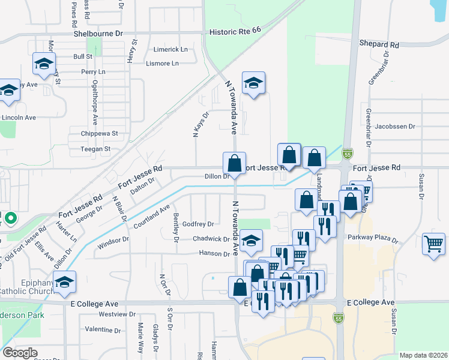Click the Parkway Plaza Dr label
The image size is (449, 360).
pyautogui.click(x=373, y=237)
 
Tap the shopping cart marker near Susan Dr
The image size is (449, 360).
pyautogui.click(x=433, y=244)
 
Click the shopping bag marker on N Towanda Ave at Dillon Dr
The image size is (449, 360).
pyautogui.click(x=234, y=163)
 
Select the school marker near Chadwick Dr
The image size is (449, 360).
pyautogui.click(x=252, y=241)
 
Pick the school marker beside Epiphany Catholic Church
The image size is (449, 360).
pyautogui.click(x=64, y=283)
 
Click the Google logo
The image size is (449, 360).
pyautogui.click(x=20, y=353)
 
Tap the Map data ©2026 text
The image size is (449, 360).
pyautogui.click(x=423, y=355)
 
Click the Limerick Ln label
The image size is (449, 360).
pyautogui.click(x=170, y=49)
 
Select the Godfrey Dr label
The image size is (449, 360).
pyautogui.click(x=198, y=224)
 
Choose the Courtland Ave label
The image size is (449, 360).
pyautogui.click(x=152, y=218)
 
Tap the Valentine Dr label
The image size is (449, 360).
pyautogui.click(x=103, y=329)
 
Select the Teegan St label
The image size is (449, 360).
pyautogui.click(x=95, y=148)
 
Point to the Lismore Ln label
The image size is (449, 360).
pyautogui.click(x=162, y=63)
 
